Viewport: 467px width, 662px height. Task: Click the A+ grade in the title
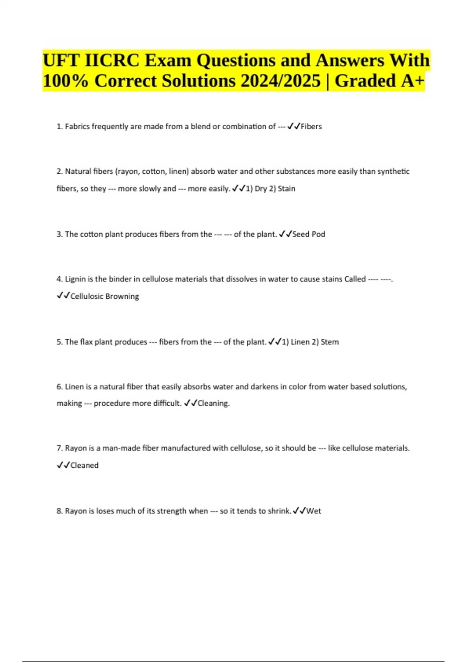(411, 81)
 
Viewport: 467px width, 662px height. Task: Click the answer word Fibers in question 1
(311, 127)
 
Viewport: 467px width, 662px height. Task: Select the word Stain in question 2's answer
(286, 189)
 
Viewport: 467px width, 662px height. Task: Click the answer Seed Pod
(309, 234)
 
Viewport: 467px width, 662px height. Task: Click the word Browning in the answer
(122, 296)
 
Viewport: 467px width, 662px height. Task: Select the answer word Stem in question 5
(330, 342)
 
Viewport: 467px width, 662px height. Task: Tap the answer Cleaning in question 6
(213, 403)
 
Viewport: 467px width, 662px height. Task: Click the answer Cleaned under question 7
(84, 465)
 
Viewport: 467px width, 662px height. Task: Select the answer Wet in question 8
(314, 511)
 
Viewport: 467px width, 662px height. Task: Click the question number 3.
(59, 234)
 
